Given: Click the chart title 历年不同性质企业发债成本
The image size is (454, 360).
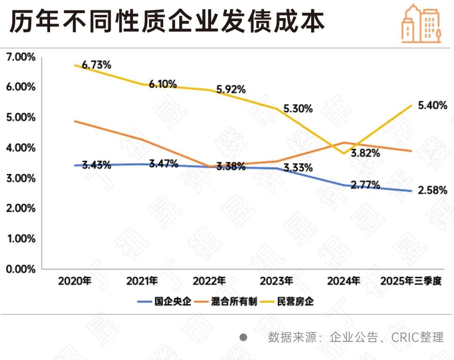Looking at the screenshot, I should click(x=167, y=21).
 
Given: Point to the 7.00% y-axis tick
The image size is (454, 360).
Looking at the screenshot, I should click(x=21, y=57).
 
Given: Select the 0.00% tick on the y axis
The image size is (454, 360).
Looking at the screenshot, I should click(x=21, y=269).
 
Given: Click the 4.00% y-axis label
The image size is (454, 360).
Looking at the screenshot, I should click(x=21, y=148).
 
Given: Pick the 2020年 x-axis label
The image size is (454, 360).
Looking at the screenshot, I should click(x=75, y=281).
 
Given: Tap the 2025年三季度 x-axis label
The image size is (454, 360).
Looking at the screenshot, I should click(x=411, y=281).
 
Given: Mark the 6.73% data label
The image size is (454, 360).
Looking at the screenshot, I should click(x=96, y=65).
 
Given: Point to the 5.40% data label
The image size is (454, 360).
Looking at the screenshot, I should click(x=433, y=105).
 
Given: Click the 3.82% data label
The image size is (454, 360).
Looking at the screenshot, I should click(x=365, y=153).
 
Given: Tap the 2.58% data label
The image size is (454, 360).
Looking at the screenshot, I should click(x=433, y=191).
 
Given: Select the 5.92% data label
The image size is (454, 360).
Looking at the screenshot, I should click(x=231, y=89).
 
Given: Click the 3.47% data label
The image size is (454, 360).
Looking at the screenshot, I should click(x=164, y=164).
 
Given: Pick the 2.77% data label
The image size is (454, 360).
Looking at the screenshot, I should click(x=365, y=185).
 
